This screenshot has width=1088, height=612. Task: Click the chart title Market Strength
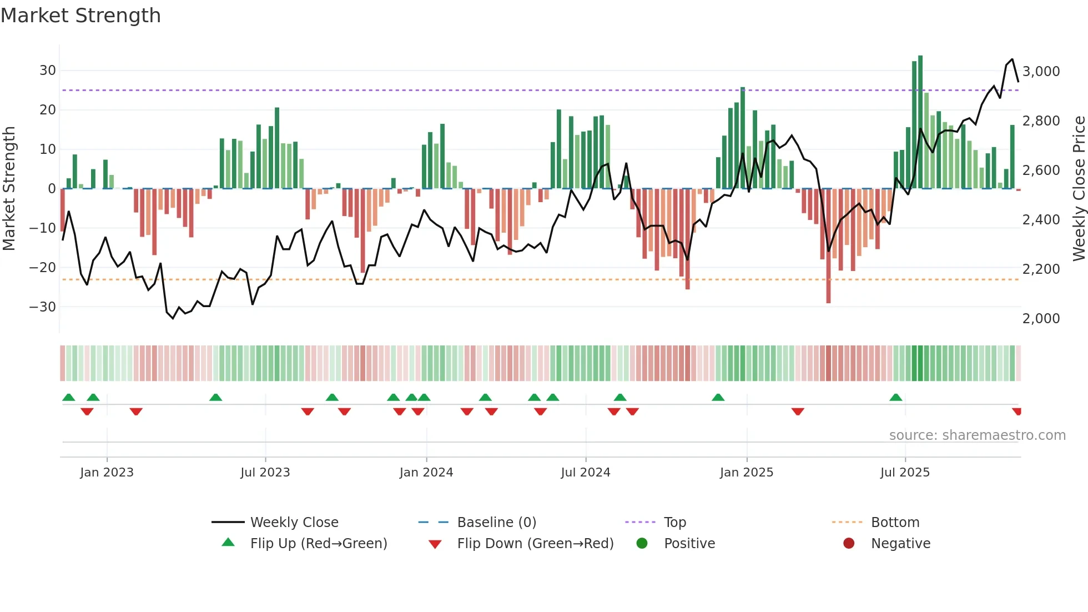click(80, 16)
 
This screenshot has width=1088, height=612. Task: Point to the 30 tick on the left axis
click(48, 71)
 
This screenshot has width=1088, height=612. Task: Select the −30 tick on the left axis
click(43, 307)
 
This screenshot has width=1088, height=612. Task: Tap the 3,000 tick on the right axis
click(1041, 72)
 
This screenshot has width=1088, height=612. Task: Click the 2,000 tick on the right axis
click(1041, 319)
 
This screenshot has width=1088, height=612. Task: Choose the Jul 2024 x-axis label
click(585, 473)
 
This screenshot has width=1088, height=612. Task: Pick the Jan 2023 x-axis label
click(107, 473)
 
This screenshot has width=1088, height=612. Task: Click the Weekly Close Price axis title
click(1079, 188)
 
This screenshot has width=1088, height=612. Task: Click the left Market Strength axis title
click(9, 188)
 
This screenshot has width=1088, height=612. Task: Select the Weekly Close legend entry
click(294, 523)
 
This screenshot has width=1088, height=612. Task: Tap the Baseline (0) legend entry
click(496, 523)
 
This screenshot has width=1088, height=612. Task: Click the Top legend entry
click(674, 523)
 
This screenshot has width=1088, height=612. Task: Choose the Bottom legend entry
click(895, 523)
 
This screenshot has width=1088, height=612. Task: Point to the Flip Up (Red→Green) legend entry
click(318, 544)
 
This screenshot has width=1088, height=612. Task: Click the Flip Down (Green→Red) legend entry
click(535, 544)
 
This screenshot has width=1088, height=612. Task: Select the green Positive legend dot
click(642, 544)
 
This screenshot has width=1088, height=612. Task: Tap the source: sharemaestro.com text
click(977, 435)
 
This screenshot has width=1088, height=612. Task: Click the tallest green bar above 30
click(920, 122)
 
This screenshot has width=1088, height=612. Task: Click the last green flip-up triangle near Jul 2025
click(895, 398)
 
